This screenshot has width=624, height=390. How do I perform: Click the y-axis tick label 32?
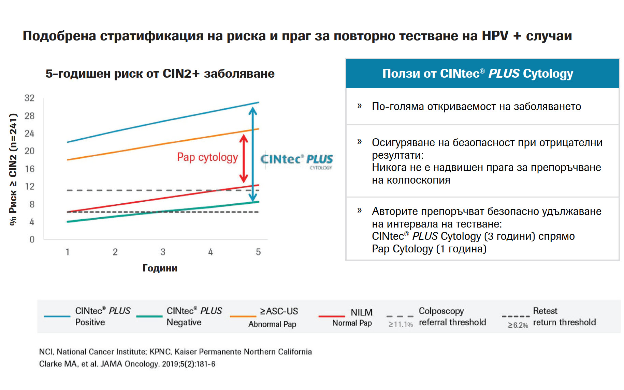point(29,98)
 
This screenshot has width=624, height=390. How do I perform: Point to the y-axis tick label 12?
point(30,186)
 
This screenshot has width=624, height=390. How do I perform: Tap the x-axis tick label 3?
point(163,252)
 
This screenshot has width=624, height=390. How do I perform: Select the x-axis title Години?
point(160,268)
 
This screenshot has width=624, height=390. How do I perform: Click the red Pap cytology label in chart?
point(207,157)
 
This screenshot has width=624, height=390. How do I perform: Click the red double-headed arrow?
point(244,158)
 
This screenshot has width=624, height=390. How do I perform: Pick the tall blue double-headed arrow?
point(252,154)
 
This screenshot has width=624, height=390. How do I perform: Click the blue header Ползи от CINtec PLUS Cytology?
point(477,74)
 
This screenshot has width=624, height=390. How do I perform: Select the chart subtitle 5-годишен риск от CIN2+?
point(160,74)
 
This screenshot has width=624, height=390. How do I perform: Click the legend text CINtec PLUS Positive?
point(102,316)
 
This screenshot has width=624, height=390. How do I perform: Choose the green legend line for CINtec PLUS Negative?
point(149,316)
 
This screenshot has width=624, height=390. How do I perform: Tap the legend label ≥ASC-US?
point(279,311)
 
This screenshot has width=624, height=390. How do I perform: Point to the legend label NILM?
point(361,312)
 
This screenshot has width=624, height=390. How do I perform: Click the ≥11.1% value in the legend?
point(400,325)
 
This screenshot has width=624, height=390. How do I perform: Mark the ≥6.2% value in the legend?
point(518,325)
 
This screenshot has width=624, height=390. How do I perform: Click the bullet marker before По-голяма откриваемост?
point(359,106)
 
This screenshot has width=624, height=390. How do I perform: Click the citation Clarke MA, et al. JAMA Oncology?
point(127,364)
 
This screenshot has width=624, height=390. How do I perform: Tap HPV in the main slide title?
point(495,36)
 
